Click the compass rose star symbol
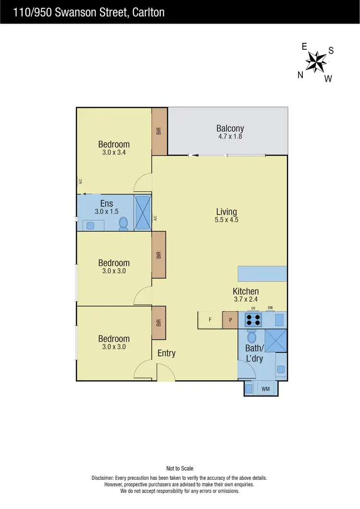[x=316, y=61]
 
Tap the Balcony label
[x=230, y=128]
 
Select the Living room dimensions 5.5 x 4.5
[x=227, y=220]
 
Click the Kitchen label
[x=246, y=291]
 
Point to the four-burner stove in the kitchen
[x=253, y=320]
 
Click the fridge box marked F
[x=210, y=320]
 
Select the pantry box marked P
[x=230, y=320]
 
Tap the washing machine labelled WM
[x=265, y=388]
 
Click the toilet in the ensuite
[x=123, y=223]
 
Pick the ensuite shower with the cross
[x=143, y=213]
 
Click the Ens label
[x=106, y=204]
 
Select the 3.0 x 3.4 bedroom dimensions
[x=114, y=153]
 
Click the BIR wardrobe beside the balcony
[x=159, y=131]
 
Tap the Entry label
[x=167, y=353]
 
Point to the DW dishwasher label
[x=270, y=308]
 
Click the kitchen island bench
[x=263, y=274]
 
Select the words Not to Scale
[x=180, y=468]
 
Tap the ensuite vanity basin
[x=90, y=225]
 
